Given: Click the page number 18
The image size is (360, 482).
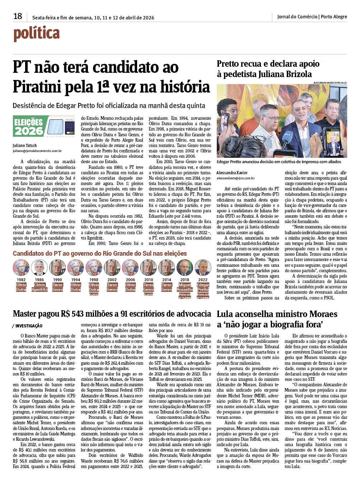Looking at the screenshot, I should tap(18, 16).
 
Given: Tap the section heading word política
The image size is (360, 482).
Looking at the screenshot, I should tap(36, 34).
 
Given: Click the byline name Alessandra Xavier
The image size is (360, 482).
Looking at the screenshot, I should tap(232, 173).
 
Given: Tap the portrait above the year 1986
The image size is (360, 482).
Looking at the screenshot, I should tap(39, 268).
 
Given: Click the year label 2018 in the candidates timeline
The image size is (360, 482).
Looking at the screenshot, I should tap(184, 280).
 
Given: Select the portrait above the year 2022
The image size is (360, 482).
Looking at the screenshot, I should tap(203, 268).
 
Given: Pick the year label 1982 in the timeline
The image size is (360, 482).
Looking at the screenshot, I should tap(21, 280).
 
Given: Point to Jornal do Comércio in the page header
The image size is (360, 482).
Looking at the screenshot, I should tap(297, 16).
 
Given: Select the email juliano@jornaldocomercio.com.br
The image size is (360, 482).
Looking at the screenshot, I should tap(37, 151).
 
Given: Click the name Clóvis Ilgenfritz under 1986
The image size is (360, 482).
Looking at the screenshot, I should tap(39, 287).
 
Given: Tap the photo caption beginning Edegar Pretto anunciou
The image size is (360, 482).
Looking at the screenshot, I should tap(281, 162).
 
